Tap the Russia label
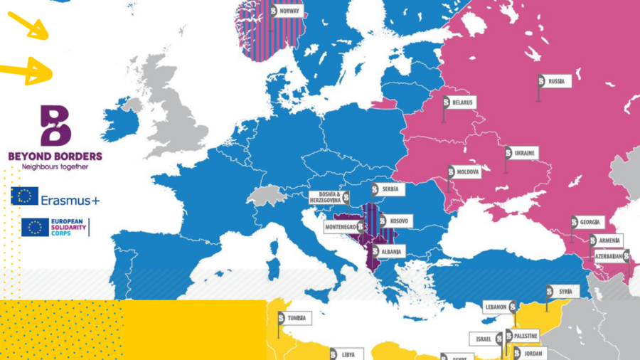point(555,82)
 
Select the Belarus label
point(462,102)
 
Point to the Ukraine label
point(526,153)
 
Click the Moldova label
point(468,172)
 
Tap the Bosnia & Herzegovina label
point(325,198)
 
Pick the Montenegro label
point(340,227)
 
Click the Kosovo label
point(398,221)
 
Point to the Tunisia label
point(297,318)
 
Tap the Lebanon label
point(495,307)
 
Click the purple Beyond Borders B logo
point(55,126)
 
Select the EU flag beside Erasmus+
point(24,196)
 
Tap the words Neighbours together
point(55,166)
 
